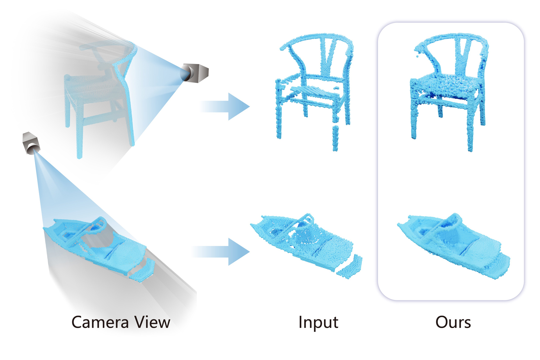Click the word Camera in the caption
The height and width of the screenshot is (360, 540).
(x=100, y=322)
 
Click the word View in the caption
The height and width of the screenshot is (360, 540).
(x=152, y=322)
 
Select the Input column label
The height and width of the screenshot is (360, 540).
(x=318, y=322)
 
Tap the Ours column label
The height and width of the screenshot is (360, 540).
(x=453, y=322)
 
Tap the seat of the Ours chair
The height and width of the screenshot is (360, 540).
(x=447, y=85)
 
